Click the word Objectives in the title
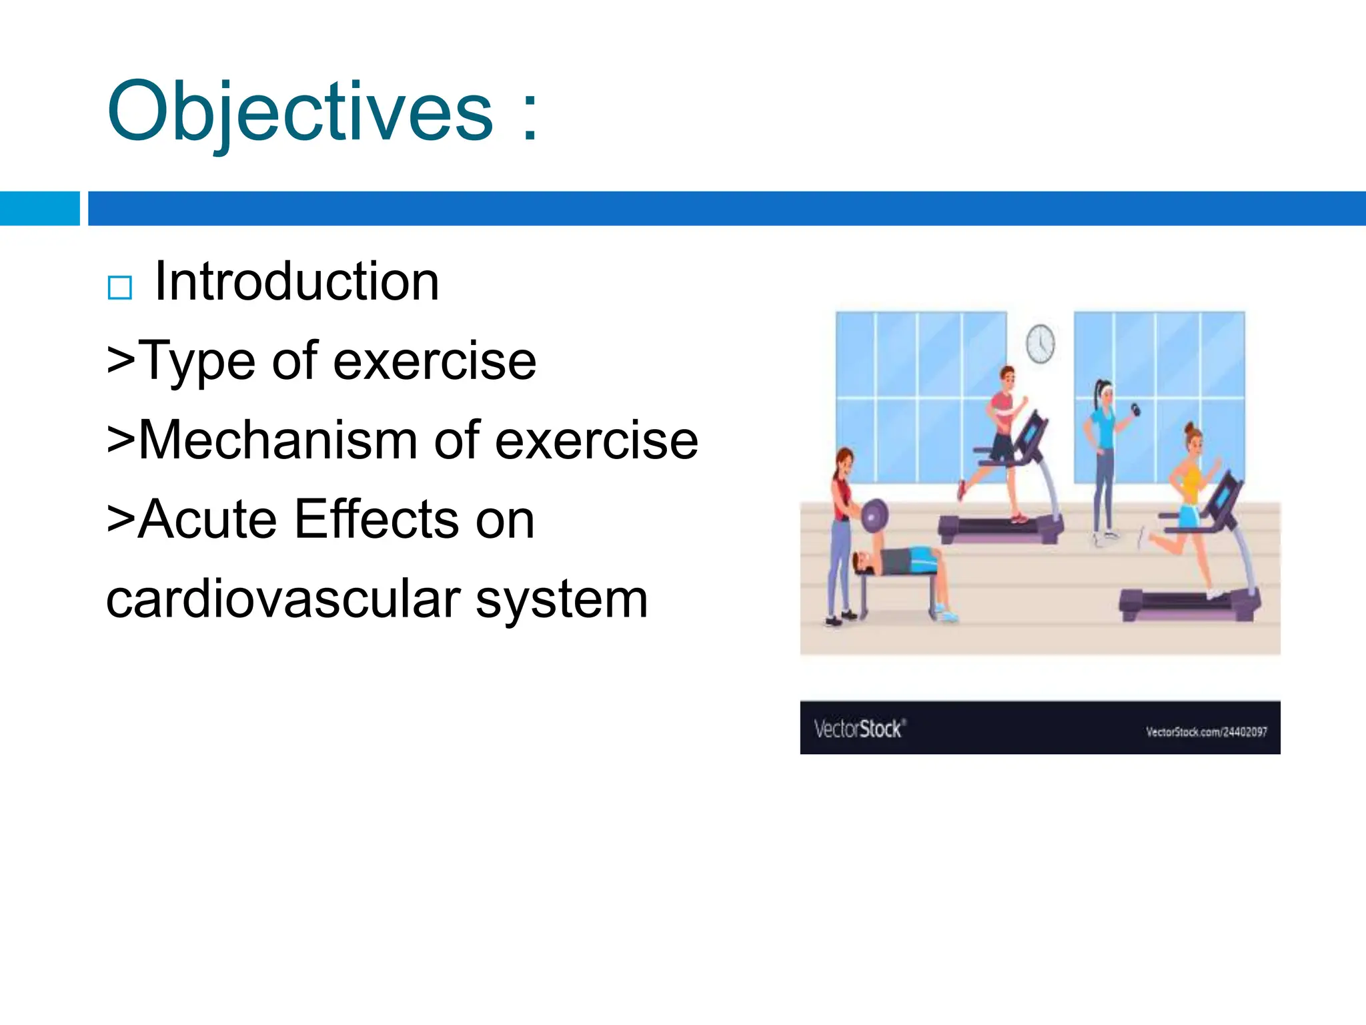point(300,112)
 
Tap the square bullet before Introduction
point(120,288)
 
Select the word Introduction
point(297,282)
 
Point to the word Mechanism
point(277,440)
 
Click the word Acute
point(207,520)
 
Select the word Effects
point(376,520)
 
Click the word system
point(562,600)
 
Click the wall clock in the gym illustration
point(1040,344)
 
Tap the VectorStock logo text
point(859,729)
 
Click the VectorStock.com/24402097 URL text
point(1206,732)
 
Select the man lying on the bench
point(897,561)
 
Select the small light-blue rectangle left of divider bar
point(39,208)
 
